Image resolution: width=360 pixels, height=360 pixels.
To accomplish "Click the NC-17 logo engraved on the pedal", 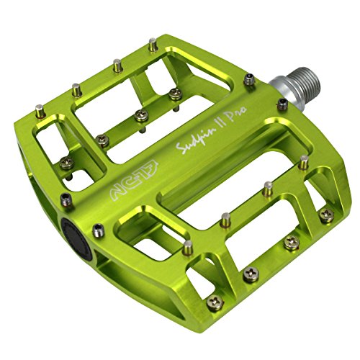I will [104, 172].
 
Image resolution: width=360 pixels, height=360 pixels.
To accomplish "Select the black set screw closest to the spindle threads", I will [248, 80].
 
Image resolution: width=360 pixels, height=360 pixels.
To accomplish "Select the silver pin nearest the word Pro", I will [268, 186].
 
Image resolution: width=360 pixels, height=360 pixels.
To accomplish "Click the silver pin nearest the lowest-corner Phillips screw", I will [186, 247].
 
